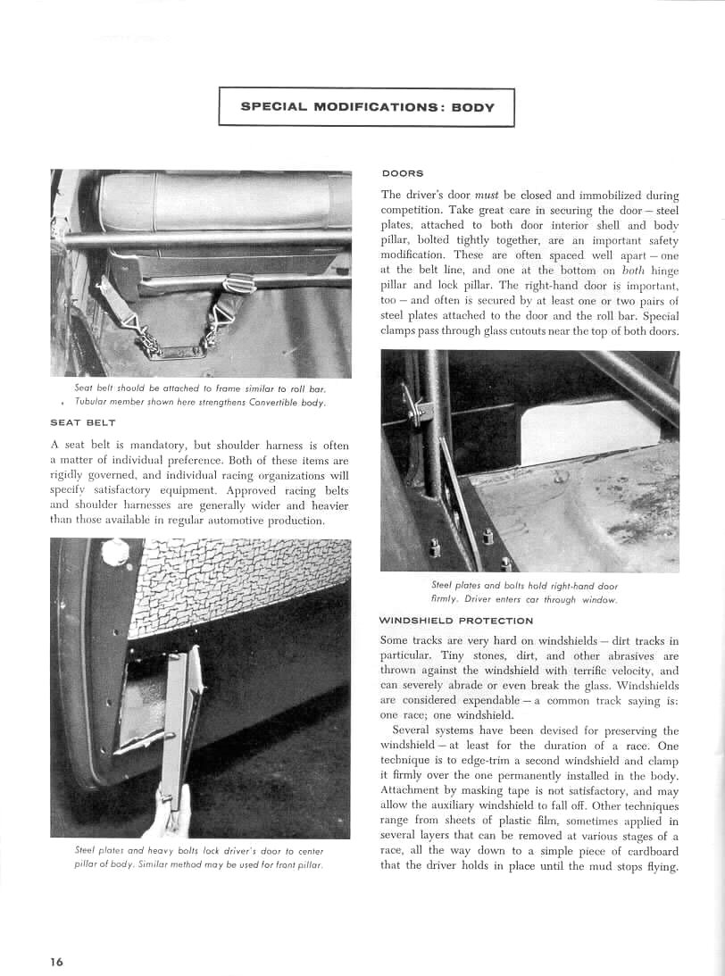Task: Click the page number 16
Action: pyautogui.click(x=56, y=962)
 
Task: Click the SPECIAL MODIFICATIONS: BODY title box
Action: pyautogui.click(x=367, y=106)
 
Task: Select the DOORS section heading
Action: pyautogui.click(x=402, y=173)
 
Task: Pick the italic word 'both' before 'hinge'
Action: pyautogui.click(x=629, y=270)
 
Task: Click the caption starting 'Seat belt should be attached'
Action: pyautogui.click(x=200, y=388)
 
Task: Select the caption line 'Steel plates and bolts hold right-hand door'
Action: pyautogui.click(x=525, y=586)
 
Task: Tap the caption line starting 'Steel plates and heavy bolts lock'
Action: pyautogui.click(x=199, y=851)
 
